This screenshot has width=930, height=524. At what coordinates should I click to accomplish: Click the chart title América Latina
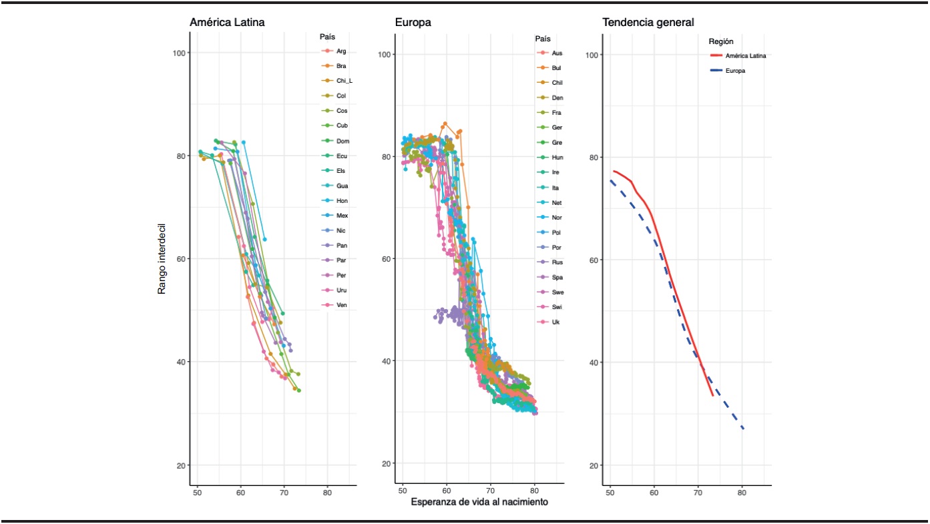tap(227, 23)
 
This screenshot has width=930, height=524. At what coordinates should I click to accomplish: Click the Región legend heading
tap(721, 41)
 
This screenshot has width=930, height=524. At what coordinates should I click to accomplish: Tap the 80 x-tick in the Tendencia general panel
tap(742, 493)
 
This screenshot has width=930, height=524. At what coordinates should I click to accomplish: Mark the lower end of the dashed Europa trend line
tap(742, 428)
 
